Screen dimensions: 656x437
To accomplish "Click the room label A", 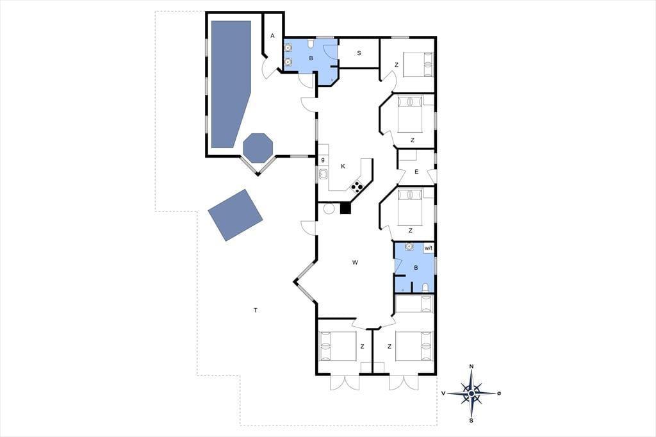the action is coord(272,36).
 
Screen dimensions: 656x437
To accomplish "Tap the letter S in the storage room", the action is coord(359,53).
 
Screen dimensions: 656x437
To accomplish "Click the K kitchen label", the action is coord(343,166).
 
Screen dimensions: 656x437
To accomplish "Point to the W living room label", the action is coord(355,263).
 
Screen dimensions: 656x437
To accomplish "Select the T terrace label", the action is coord(255,310).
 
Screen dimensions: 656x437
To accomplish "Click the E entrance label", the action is coord(416,172).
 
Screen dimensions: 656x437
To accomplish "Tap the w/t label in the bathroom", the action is coord(429,248).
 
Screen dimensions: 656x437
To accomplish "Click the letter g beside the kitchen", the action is coord(323,160).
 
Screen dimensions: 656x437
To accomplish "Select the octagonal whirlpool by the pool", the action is coord(258,148).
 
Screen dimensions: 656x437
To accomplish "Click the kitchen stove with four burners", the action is coord(357,186).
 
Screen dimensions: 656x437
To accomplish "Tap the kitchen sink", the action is coord(323,174).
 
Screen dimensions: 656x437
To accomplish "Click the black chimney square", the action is coord(345,208).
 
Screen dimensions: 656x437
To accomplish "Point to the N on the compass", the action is coord(471,367).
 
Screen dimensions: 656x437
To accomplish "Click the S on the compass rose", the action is coord(471,420).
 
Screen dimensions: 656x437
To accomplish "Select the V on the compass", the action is coord(443,393).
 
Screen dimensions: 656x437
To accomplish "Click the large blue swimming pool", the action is coord(231,84).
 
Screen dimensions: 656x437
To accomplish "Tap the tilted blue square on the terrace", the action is coord(236,215).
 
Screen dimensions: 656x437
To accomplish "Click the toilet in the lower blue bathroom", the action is coord(425,288).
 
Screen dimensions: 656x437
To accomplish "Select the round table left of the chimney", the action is coord(329,208).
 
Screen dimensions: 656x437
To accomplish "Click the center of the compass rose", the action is coord(471,393).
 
